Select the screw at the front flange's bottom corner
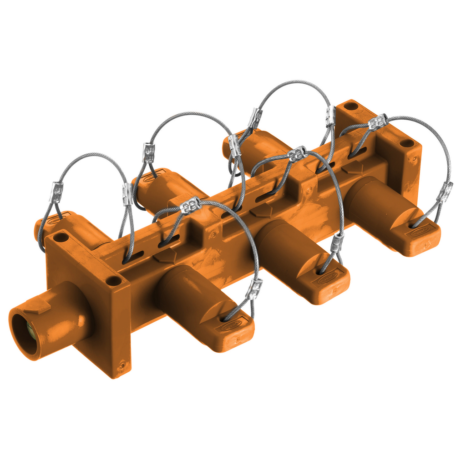point(122,365)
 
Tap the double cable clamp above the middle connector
point(298,154)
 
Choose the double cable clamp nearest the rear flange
point(378,122)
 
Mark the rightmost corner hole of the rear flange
point(407,143)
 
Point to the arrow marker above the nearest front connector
point(165,255)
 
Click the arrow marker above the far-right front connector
point(353,167)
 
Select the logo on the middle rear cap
point(152,178)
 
